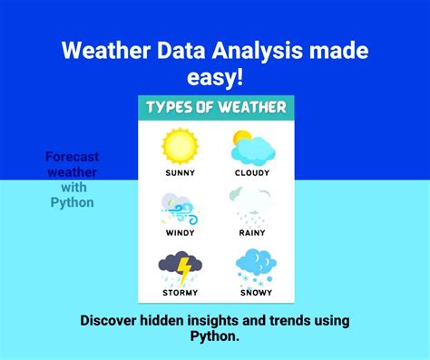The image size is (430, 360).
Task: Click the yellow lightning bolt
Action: click(184, 269)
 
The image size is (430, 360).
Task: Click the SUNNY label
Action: click(180, 172)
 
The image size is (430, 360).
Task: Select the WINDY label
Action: click(180, 233)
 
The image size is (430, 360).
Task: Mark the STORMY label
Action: click(180, 292)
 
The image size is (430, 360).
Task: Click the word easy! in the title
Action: click(215, 79)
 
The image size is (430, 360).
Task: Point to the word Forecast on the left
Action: click(72, 156)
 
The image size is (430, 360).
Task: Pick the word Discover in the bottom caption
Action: click(112, 321)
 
